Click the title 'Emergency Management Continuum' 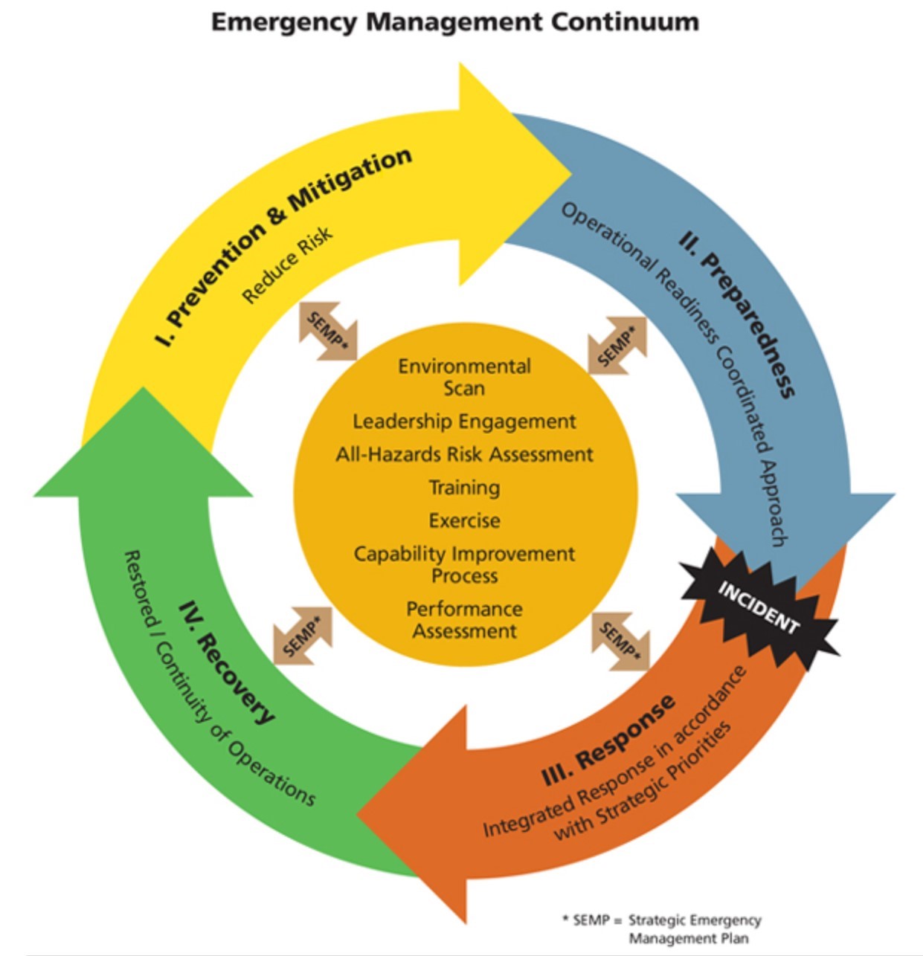click(x=454, y=22)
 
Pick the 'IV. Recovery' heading click(x=228, y=662)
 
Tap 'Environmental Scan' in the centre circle click(x=464, y=377)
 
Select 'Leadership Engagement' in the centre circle click(x=464, y=422)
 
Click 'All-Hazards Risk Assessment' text click(x=464, y=454)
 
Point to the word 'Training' click(x=464, y=488)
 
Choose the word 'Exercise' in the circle click(x=464, y=520)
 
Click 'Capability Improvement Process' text click(x=464, y=564)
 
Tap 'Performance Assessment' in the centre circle click(x=464, y=619)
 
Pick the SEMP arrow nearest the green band click(x=302, y=635)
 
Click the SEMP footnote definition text click(x=662, y=928)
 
